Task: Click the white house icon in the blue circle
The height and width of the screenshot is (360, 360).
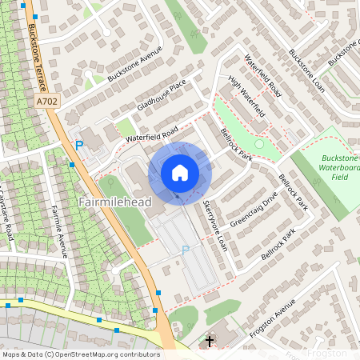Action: click(180, 172)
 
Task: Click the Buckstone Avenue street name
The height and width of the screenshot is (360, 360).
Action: click(134, 66)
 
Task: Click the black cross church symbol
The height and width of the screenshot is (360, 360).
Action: click(210, 342)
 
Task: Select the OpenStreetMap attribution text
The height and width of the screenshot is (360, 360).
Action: click(80, 354)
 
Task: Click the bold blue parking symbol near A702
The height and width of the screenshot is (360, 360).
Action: click(79, 145)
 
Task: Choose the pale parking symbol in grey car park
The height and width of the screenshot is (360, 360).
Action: click(186, 249)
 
